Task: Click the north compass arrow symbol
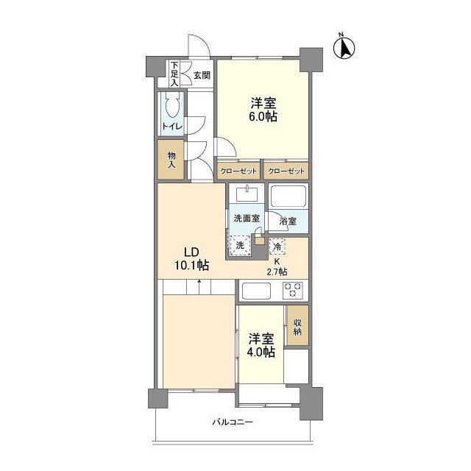[344, 47]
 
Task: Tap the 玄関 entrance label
[202, 75]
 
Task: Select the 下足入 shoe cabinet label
[174, 74]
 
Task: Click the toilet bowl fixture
[171, 105]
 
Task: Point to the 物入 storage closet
[171, 160]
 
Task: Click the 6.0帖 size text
[263, 116]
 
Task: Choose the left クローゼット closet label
[238, 171]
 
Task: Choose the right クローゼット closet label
[286, 171]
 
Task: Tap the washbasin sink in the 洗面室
[247, 194]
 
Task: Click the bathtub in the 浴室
[288, 196]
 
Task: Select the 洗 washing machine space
[240, 245]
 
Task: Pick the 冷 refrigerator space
[277, 247]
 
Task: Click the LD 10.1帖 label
[191, 258]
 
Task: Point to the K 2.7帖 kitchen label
[277, 266]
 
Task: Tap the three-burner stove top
[293, 290]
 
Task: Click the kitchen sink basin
[257, 291]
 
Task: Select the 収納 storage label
[297, 327]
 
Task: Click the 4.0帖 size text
[261, 352]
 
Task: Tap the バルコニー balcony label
[233, 422]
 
